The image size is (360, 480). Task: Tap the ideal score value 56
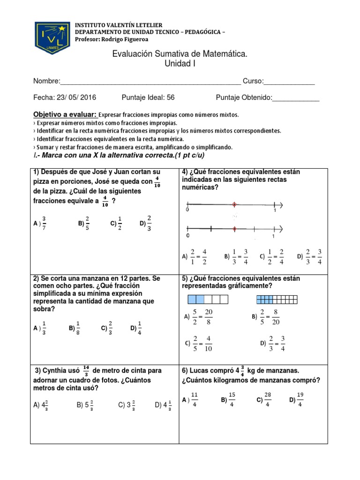click(x=171, y=97)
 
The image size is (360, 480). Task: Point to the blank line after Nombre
click(x=150, y=82)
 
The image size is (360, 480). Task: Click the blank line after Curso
click(x=289, y=82)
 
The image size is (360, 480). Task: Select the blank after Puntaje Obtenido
click(x=296, y=98)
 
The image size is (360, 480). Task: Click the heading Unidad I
click(x=180, y=64)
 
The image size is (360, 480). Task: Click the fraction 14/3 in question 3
click(x=86, y=371)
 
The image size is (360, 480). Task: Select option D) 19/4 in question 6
click(x=296, y=400)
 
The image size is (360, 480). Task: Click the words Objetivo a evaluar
click(x=65, y=115)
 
